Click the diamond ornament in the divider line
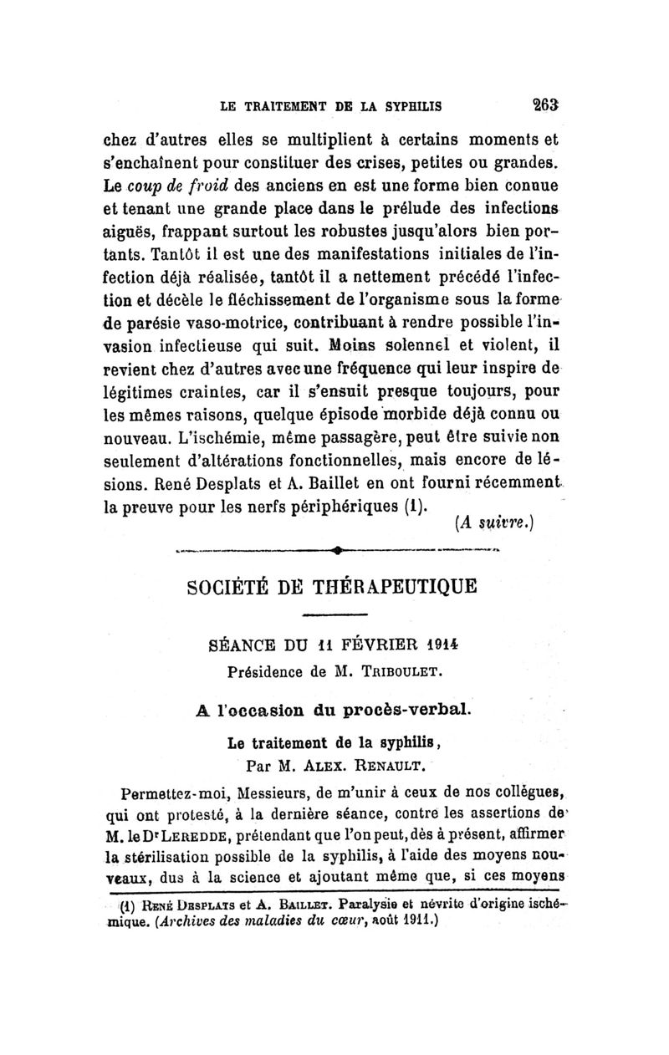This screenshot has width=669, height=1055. [334, 548]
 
